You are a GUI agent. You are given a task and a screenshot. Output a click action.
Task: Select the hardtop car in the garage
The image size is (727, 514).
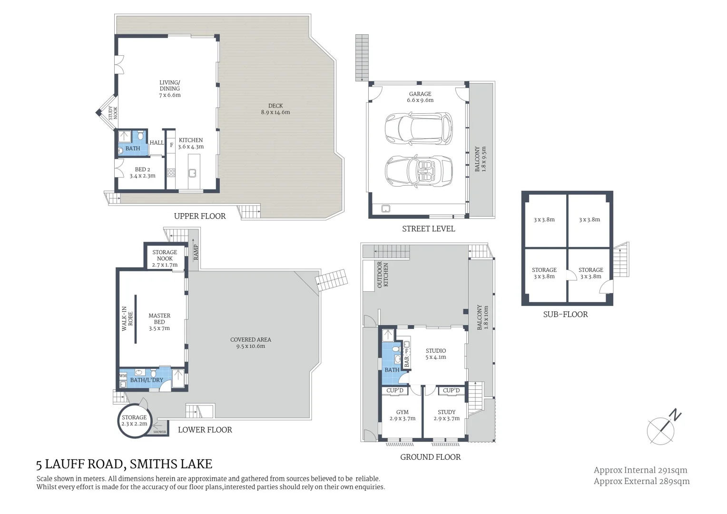click(418, 128)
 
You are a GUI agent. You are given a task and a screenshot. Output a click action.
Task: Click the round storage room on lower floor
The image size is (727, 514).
click(134, 421)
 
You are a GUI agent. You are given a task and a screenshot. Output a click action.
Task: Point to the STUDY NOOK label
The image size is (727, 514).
click(113, 113)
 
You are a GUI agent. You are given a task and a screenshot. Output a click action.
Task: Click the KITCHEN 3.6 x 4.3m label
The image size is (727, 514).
click(191, 143)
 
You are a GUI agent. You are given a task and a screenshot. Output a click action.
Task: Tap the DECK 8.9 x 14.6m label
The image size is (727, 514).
click(275, 109)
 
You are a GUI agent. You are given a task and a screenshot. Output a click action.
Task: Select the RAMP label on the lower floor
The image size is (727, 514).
click(196, 253)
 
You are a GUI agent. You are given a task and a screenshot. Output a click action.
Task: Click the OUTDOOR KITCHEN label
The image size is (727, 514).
click(383, 275)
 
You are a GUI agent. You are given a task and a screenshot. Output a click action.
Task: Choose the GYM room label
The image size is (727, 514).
click(402, 415)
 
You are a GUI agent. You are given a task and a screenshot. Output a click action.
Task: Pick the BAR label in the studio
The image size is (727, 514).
click(407, 362)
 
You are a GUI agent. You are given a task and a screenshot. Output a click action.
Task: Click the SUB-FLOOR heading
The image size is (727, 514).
click(565, 314)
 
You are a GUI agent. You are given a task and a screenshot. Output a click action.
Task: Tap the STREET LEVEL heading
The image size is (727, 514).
click(428, 229)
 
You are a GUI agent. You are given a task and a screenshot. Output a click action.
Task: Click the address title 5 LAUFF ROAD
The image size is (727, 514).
click(124, 464)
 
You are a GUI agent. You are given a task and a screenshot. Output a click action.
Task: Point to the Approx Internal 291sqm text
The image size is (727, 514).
click(640, 470)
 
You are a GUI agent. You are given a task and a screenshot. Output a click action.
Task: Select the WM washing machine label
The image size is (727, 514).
click(123, 376)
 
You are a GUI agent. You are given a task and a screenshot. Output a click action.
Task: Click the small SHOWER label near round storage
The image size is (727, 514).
click(159, 432)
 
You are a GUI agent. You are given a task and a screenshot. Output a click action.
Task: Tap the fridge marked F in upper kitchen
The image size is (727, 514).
click(171, 145)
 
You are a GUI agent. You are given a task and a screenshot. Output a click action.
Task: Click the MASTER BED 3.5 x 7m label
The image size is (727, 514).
click(159, 322)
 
